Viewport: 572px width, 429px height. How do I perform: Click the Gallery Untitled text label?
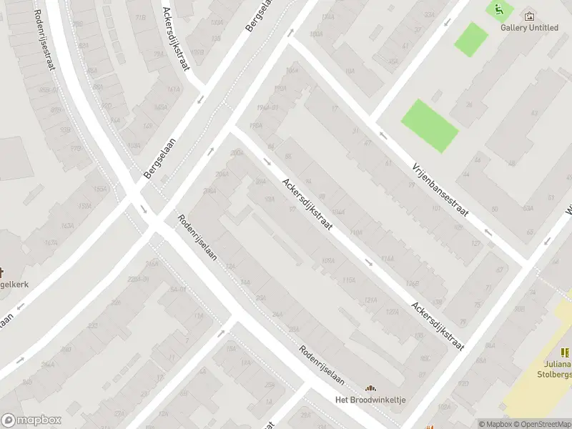(529, 28)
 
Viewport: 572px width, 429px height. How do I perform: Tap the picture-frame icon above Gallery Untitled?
(529, 16)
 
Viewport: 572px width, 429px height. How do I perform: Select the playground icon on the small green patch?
(498, 9)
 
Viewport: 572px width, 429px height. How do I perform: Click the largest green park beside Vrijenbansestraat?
(429, 126)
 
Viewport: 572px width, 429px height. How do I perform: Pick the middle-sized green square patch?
(471, 39)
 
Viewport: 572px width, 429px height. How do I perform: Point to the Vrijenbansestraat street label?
(440, 189)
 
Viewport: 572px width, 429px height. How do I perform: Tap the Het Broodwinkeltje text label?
(370, 400)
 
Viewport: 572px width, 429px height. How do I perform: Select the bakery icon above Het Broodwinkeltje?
(370, 388)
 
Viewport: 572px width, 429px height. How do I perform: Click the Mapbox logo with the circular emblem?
(31, 420)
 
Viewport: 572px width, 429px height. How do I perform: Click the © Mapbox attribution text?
(494, 424)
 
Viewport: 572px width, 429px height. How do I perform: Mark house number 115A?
(350, 280)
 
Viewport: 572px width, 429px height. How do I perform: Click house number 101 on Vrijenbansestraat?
(435, 209)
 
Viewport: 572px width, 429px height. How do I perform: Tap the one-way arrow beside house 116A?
(368, 262)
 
